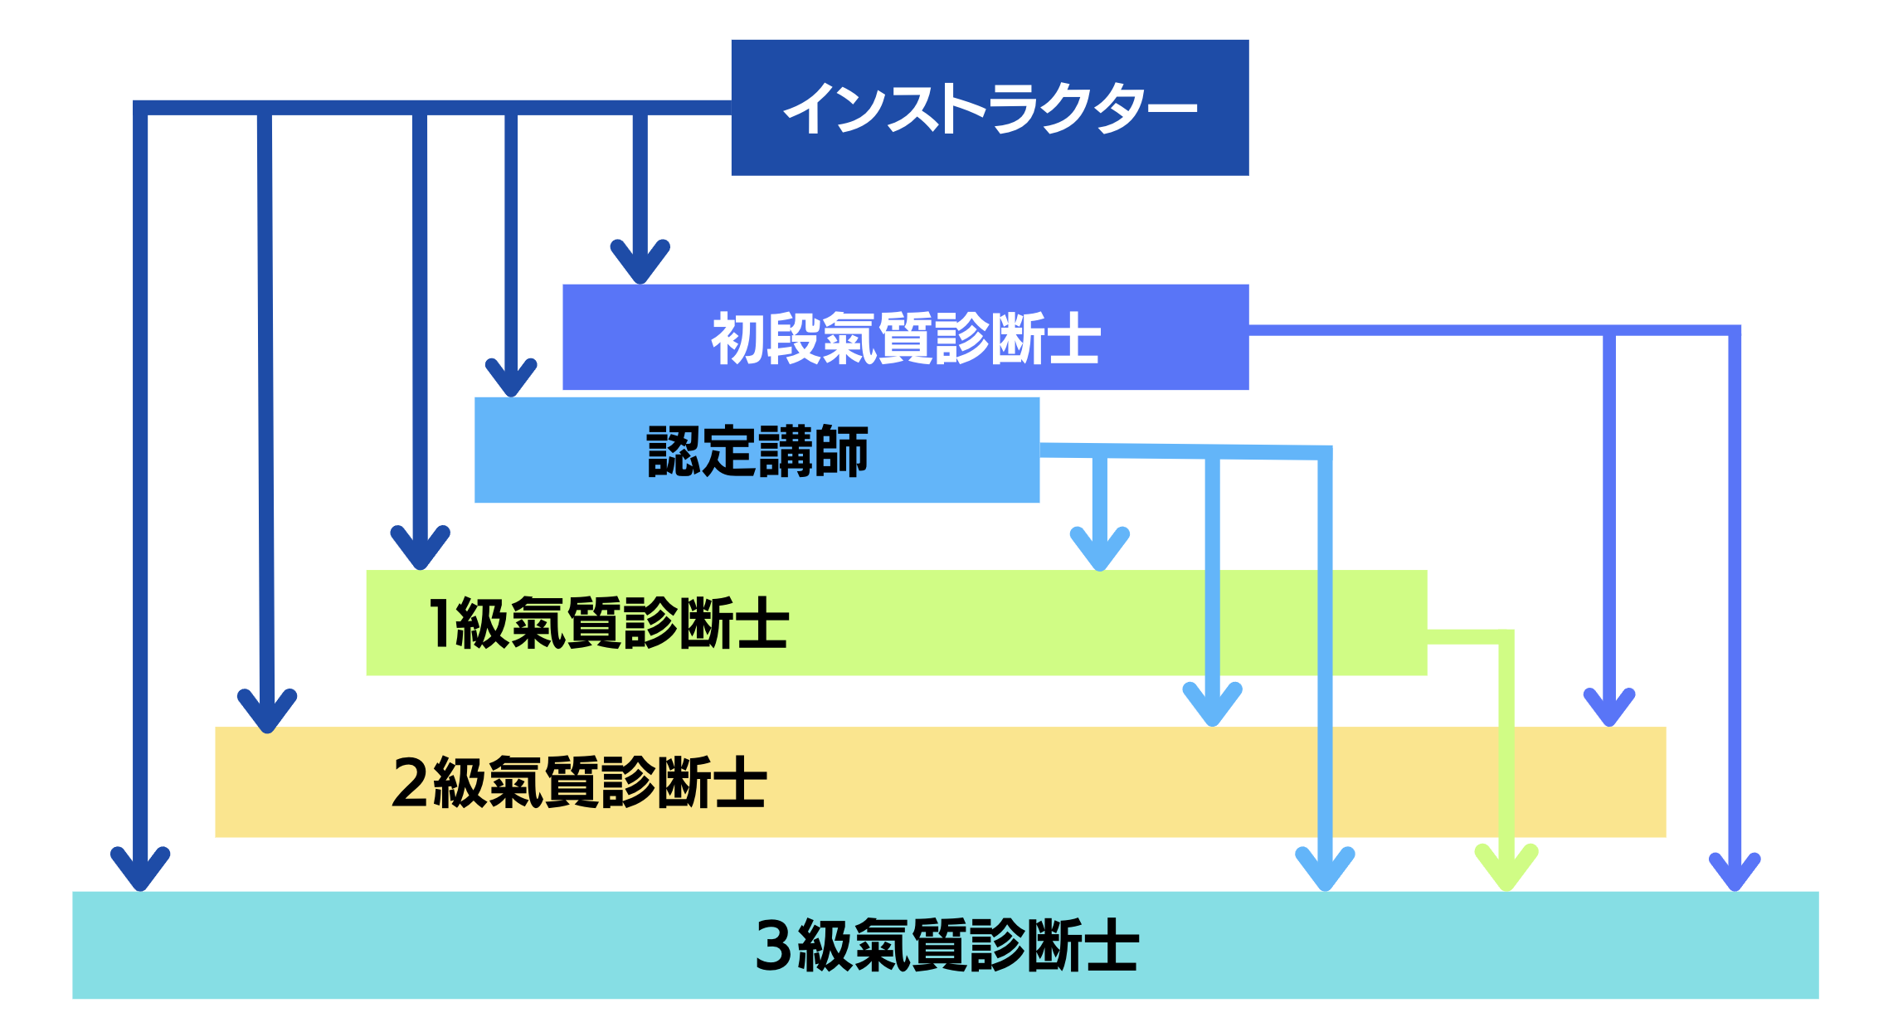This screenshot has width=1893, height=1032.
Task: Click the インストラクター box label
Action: [990, 108]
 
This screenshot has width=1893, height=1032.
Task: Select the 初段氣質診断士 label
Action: [905, 338]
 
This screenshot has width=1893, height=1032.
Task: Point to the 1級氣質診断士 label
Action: [608, 623]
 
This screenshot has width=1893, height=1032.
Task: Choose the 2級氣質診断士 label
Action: [579, 781]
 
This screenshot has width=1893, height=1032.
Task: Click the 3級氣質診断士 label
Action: [946, 945]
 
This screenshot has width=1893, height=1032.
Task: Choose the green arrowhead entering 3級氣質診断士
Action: [1506, 870]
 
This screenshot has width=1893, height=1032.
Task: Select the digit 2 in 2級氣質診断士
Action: [410, 781]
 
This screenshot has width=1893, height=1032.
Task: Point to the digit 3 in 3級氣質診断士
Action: [773, 945]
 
